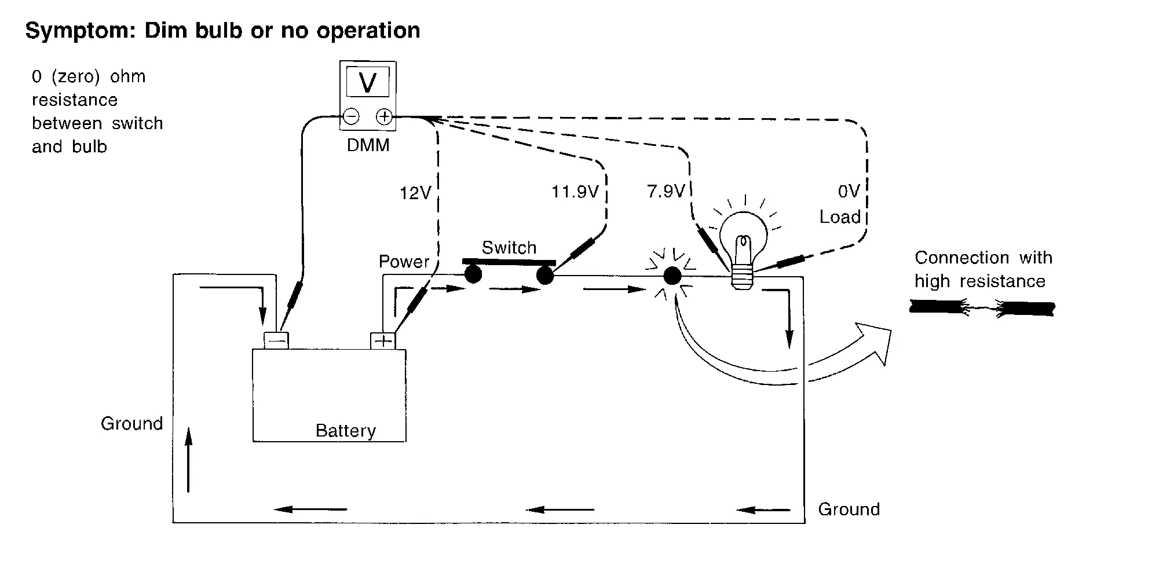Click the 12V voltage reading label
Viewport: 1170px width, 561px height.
pos(415,193)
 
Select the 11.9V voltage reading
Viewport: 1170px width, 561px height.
pos(575,192)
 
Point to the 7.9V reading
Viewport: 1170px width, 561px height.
pos(666,192)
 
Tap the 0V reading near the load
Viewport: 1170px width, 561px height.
pos(849,192)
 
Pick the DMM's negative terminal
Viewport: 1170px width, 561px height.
pos(351,117)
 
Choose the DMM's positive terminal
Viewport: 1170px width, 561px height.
pos(384,117)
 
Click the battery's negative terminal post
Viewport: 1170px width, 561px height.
pos(276,340)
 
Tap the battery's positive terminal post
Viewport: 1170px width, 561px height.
pos(383,340)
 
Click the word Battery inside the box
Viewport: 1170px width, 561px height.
pos(345,431)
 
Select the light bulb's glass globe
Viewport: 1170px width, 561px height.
pos(743,232)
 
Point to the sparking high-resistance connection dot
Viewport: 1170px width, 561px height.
pos(672,276)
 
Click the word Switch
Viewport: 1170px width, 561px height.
pos(509,248)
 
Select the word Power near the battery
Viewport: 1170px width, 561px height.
pos(404,262)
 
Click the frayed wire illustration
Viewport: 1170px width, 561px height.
pos(982,308)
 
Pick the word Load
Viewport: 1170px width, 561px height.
pos(839,217)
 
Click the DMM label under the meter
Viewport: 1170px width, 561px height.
pos(368,145)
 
